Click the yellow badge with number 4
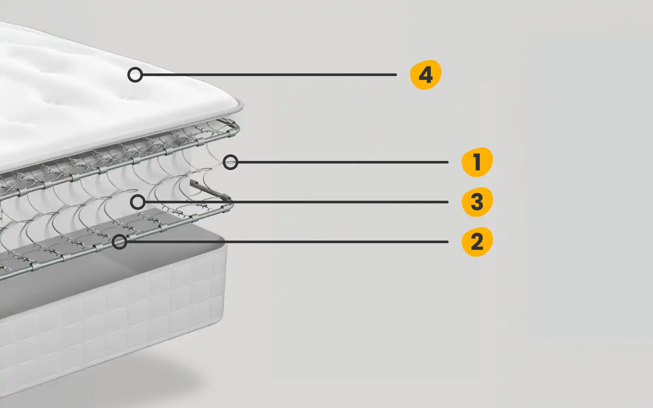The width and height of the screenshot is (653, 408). [425, 75]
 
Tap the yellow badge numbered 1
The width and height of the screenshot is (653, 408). [477, 162]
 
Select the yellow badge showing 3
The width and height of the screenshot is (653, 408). [477, 202]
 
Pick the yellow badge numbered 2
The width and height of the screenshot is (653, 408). [477, 242]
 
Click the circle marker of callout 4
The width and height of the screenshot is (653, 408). [135, 75]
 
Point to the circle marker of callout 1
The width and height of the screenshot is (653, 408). [231, 162]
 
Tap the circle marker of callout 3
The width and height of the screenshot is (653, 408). [138, 202]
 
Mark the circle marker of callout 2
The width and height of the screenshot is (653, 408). [119, 242]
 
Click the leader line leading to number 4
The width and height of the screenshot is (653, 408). [269, 75]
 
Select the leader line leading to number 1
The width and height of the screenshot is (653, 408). [343, 162]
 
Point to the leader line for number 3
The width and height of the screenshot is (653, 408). [297, 202]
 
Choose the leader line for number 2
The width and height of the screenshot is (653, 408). [288, 242]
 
